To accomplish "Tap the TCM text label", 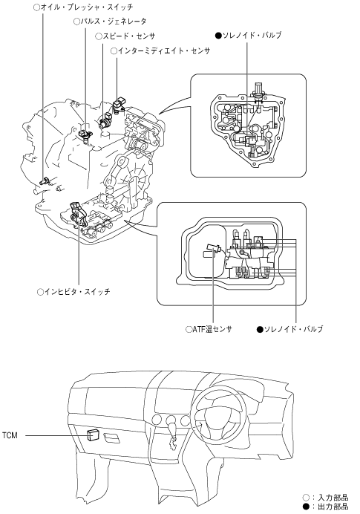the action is [x=10, y=436].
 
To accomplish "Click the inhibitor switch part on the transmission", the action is [x=79, y=215].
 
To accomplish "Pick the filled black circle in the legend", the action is [x=306, y=507].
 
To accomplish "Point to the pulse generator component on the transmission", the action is [x=86, y=134].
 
